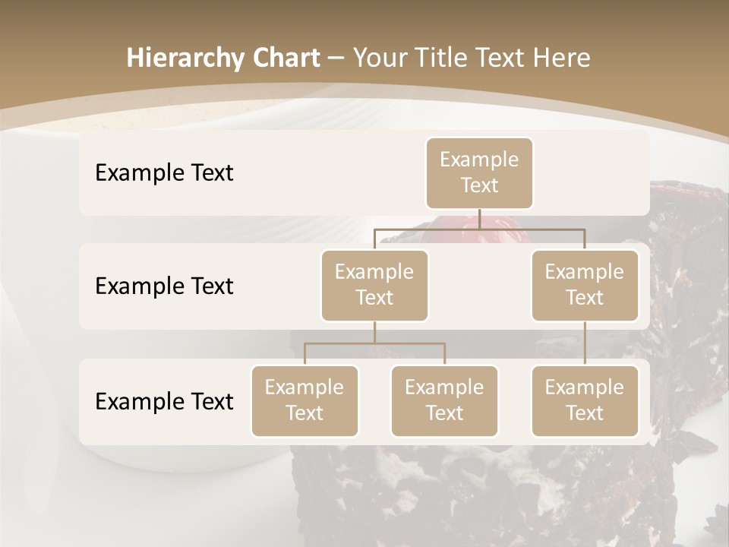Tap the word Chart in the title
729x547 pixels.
point(282,58)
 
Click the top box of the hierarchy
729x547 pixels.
point(479,173)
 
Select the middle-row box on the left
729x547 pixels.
point(374,286)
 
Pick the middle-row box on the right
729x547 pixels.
point(585,286)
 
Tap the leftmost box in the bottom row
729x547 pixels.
point(305,401)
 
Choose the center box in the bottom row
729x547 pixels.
point(444,401)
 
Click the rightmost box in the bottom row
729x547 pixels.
point(585,401)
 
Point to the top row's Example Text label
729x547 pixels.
point(164,173)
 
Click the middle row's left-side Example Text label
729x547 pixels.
point(164,286)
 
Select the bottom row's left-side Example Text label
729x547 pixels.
point(164,401)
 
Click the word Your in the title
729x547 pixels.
point(379,58)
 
